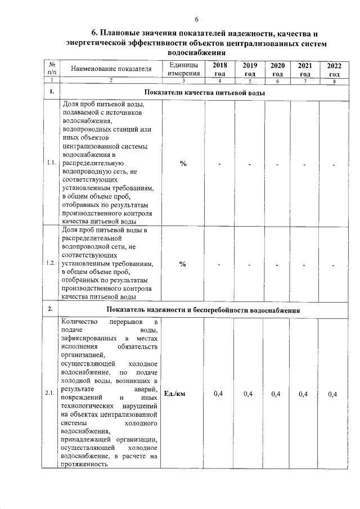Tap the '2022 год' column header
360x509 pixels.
point(334,70)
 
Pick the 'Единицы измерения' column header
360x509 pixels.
point(183,70)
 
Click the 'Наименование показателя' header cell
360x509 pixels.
point(111,70)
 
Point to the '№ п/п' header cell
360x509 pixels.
point(52,70)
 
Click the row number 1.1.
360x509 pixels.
point(52,164)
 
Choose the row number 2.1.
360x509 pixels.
point(52,394)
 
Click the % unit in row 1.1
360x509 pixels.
point(183,164)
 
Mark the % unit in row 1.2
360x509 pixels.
point(183,265)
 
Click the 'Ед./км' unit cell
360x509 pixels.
point(174,394)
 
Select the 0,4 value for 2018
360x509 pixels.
point(219,394)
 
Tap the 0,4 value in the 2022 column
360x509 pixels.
point(333,394)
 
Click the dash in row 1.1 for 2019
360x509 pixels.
point(249,164)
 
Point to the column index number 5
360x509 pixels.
point(249,82)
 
